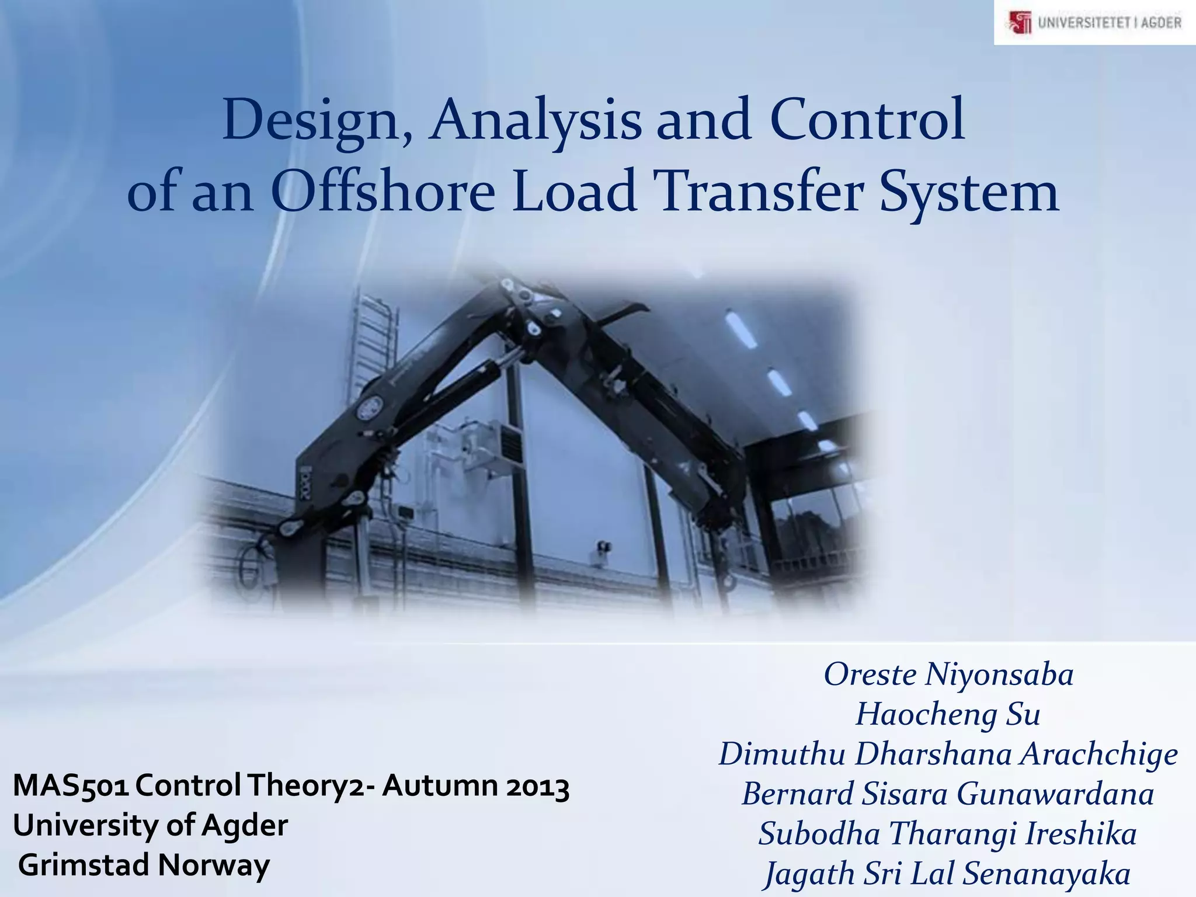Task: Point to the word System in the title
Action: click(x=969, y=193)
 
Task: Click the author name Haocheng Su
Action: click(x=948, y=714)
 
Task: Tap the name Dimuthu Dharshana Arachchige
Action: click(x=948, y=754)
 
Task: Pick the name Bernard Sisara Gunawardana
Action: click(x=948, y=794)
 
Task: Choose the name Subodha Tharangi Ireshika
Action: click(x=948, y=833)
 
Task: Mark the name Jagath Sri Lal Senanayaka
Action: click(x=948, y=874)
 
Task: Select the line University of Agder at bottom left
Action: click(x=151, y=825)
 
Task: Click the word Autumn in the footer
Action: click(x=440, y=786)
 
